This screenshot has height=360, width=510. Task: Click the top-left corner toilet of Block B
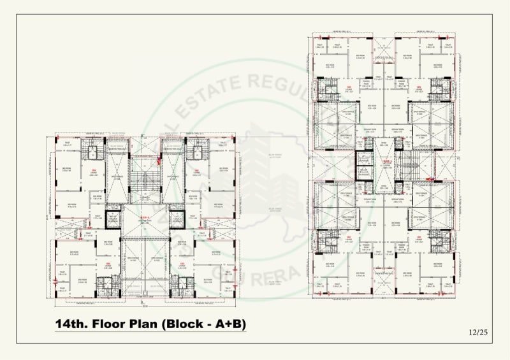[319, 47]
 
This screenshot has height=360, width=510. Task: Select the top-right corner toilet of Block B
[447, 47]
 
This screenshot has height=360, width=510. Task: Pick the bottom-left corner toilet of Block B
[319, 284]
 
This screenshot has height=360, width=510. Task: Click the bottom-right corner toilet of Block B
[447, 284]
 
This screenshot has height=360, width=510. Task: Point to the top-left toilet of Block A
[67, 144]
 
